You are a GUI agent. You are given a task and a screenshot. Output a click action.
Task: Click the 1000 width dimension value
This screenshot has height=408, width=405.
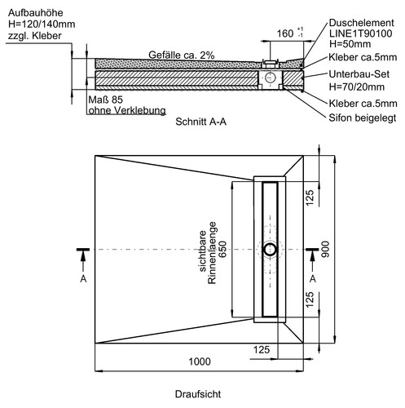tap(200, 361)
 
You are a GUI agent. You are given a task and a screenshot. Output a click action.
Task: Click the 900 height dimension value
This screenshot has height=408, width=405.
tap(325, 249)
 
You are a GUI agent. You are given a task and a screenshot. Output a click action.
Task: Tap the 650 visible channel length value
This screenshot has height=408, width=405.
tap(222, 249)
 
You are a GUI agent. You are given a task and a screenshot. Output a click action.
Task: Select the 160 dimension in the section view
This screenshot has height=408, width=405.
tap(285, 33)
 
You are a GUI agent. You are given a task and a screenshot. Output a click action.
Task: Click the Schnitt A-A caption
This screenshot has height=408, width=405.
tap(200, 122)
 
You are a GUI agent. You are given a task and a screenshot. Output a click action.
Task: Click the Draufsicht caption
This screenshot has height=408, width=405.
tap(198, 394)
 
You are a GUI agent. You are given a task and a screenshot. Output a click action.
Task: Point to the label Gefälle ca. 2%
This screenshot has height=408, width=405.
tap(182, 55)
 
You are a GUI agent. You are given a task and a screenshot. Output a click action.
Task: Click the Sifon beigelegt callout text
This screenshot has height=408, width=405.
tap(363, 118)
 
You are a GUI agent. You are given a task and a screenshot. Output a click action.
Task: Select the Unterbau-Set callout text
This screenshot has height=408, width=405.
tap(359, 74)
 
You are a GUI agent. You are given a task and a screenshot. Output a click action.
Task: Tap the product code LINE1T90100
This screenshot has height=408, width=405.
tap(361, 33)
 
